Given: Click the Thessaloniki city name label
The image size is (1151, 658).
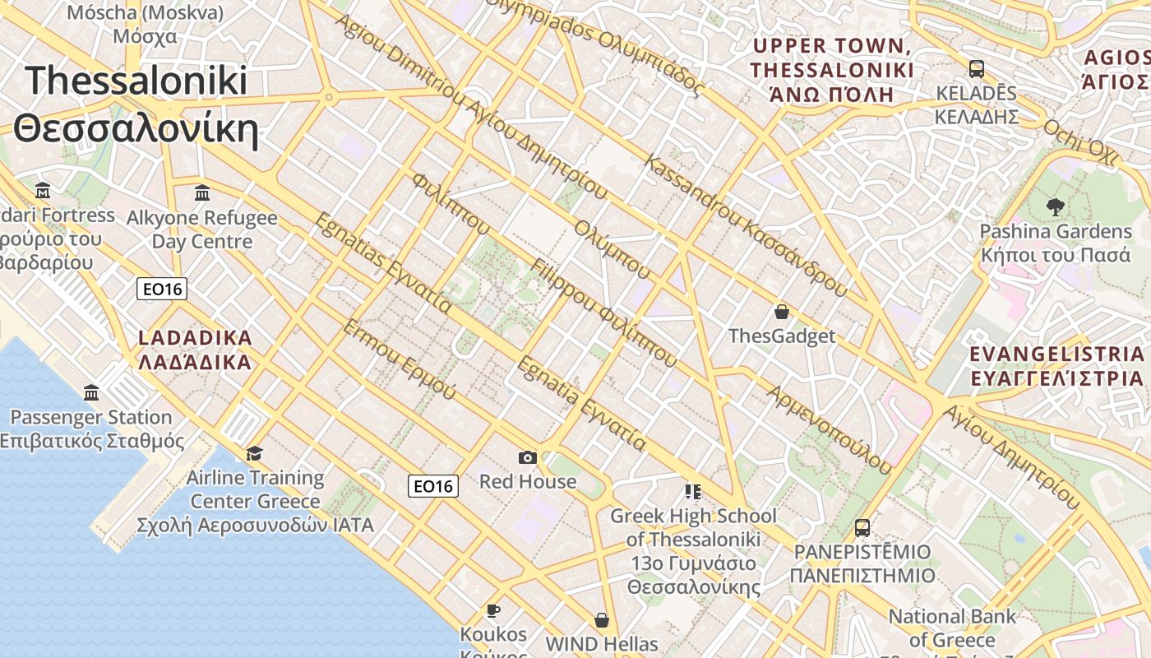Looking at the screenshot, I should (x=136, y=104).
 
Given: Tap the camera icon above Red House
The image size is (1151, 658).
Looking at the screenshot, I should (x=528, y=457).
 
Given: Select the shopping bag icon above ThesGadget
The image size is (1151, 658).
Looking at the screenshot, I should (x=781, y=312).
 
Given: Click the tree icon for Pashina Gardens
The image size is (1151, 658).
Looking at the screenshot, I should (x=1055, y=206).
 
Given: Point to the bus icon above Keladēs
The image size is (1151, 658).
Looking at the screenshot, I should (x=976, y=69).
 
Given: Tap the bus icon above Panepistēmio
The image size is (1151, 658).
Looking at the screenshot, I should (x=862, y=527).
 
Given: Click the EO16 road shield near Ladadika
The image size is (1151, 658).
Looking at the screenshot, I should (x=162, y=289).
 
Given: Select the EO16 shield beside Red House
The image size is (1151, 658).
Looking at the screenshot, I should (x=432, y=486).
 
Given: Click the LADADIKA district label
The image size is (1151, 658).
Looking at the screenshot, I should (x=195, y=350).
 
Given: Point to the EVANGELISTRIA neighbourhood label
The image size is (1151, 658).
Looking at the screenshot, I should (x=1056, y=366).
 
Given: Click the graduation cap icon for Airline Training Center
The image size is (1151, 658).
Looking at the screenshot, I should (x=254, y=453).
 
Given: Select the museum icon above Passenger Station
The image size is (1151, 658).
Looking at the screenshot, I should (x=91, y=392).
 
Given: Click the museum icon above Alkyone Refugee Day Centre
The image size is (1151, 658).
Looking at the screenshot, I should (x=201, y=193).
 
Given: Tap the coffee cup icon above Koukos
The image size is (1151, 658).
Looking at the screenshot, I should (x=492, y=609).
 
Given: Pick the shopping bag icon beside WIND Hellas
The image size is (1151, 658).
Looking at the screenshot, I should (x=602, y=620).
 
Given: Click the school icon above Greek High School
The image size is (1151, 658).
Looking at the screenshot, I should (x=692, y=492).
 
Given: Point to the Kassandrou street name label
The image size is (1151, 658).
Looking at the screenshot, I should (x=745, y=225).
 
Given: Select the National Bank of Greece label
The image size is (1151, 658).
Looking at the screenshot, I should (x=952, y=628).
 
